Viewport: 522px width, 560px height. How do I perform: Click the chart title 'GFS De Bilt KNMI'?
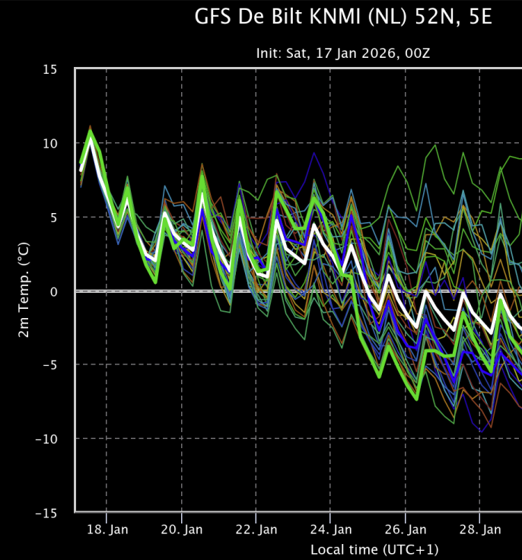pos(278,17)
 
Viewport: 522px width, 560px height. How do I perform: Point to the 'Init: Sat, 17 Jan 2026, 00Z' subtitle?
pos(343,53)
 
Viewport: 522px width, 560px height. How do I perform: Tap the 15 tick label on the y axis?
pos(50,69)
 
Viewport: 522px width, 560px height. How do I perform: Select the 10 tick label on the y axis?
pos(50,144)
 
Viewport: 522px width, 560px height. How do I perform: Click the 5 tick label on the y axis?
pos(53,218)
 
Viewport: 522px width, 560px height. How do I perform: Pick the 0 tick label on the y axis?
pos(53,291)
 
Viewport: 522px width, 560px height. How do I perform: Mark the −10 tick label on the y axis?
pos(46,439)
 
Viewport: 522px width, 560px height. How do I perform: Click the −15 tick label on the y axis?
pos(46,514)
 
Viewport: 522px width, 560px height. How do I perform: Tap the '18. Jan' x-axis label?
pos(107,530)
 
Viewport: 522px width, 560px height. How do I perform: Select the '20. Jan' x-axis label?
pos(182,530)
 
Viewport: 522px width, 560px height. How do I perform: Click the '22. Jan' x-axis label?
pos(256,530)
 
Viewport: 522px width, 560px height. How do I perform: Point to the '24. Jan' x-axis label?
pos(331,530)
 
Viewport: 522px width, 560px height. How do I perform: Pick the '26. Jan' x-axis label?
pos(406,530)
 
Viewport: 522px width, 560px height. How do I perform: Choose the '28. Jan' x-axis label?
pos(480,530)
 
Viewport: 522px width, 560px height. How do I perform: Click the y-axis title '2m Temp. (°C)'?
pos(24,290)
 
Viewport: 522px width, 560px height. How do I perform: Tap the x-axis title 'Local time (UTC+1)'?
pos(374,549)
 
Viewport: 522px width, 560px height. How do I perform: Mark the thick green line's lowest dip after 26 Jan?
pos(416,399)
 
